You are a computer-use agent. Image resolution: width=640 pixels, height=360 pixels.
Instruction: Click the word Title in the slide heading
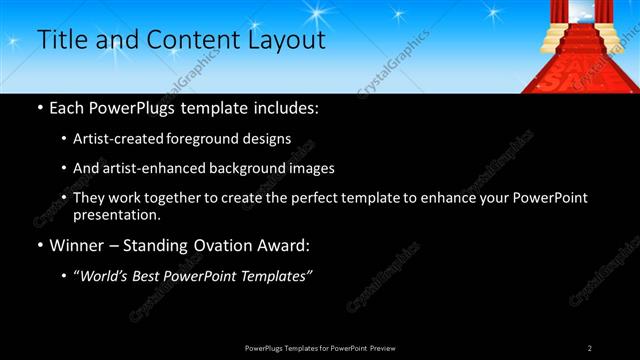coord(59,40)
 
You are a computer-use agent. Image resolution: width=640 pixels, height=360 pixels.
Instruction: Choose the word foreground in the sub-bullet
coord(217,139)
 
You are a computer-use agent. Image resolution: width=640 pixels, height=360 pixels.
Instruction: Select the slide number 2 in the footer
coord(590,347)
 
